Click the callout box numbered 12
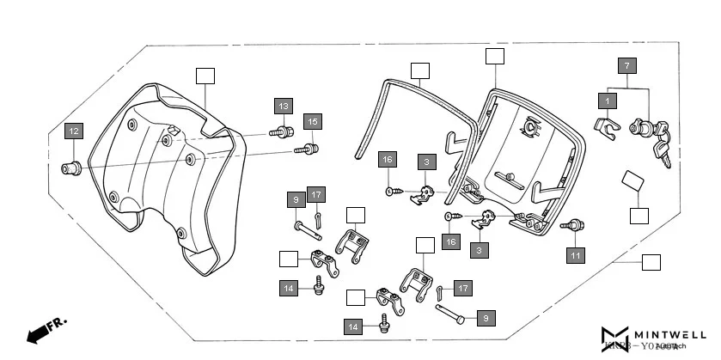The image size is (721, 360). pyautogui.click(x=75, y=131)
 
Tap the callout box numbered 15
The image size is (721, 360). pyautogui.click(x=312, y=122)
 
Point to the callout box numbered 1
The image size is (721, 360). pyautogui.click(x=608, y=101)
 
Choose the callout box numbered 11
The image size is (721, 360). pyautogui.click(x=575, y=254)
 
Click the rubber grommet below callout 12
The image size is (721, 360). pyautogui.click(x=70, y=165)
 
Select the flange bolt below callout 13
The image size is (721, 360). pyautogui.click(x=279, y=132)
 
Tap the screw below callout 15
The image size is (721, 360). pyautogui.click(x=308, y=149)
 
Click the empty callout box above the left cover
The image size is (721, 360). pyautogui.click(x=205, y=75)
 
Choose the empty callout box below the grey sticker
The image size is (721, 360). pyautogui.click(x=639, y=215)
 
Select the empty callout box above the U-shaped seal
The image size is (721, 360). pyautogui.click(x=419, y=70)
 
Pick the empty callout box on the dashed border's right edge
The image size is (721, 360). pyautogui.click(x=651, y=260)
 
